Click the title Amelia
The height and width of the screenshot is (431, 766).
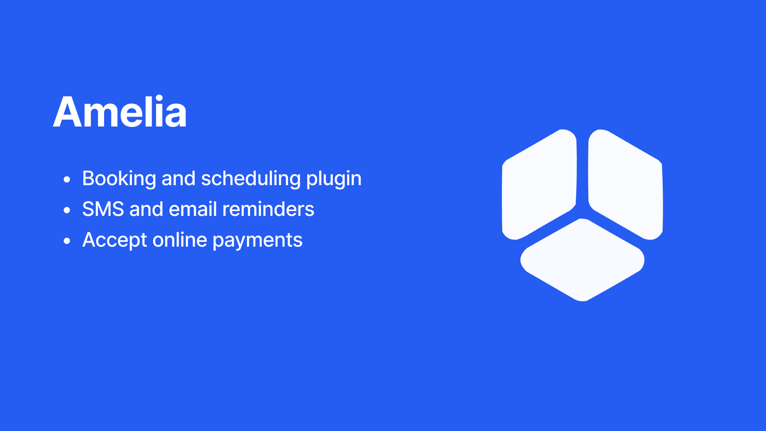120,112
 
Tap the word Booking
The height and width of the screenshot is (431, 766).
119,178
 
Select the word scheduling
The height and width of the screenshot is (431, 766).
251,178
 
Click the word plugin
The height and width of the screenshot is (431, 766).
334,179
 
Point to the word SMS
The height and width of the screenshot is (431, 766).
103,209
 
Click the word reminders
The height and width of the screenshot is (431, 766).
268,209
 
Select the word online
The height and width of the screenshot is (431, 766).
180,239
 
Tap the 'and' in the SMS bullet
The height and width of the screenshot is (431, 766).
146,209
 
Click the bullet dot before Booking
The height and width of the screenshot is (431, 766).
67,179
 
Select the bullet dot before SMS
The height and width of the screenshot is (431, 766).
67,210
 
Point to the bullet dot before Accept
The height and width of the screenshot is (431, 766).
67,241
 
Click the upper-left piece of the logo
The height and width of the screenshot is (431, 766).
539,184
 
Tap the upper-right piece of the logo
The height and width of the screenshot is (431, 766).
626,184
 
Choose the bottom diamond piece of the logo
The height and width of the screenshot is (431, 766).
582,260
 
